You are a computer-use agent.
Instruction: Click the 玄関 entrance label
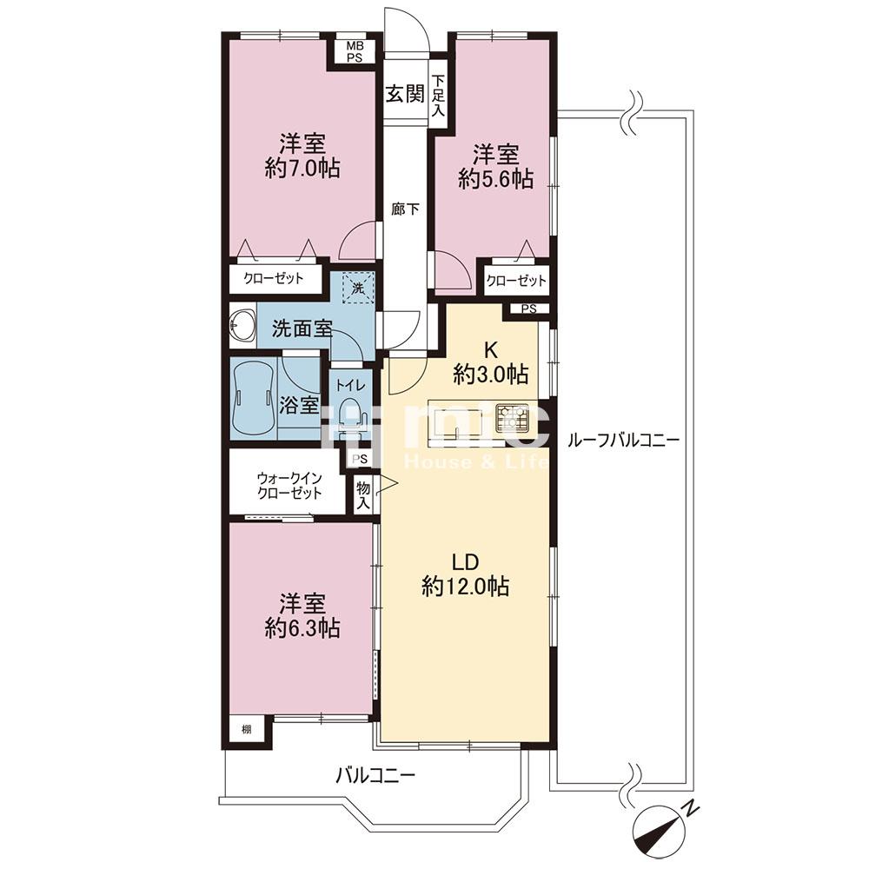pyautogui.click(x=405, y=94)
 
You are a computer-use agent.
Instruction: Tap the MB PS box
pyautogui.click(x=355, y=51)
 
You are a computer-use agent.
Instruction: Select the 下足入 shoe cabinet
pyautogui.click(x=438, y=95)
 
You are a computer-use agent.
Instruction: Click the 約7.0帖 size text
pyautogui.click(x=302, y=168)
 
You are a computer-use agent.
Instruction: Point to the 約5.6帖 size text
pyautogui.click(x=496, y=179)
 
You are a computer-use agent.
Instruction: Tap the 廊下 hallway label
pyautogui.click(x=405, y=209)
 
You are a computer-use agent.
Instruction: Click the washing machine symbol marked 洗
pyautogui.click(x=359, y=289)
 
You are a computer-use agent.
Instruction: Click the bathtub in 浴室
pyautogui.click(x=254, y=397)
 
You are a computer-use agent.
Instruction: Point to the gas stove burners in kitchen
pyautogui.click(x=512, y=417)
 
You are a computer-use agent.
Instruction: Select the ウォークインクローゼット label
pyautogui.click(x=289, y=486)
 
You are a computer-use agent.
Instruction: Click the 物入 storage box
pyautogui.click(x=363, y=495)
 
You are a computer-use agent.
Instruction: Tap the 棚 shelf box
pyautogui.click(x=246, y=729)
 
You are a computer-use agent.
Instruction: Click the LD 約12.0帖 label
pyautogui.click(x=466, y=574)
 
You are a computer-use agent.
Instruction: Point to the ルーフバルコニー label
pyautogui.click(x=623, y=441)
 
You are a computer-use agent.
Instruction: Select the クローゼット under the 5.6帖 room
pyautogui.click(x=516, y=281)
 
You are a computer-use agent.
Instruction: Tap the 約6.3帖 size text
pyautogui.click(x=302, y=617)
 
